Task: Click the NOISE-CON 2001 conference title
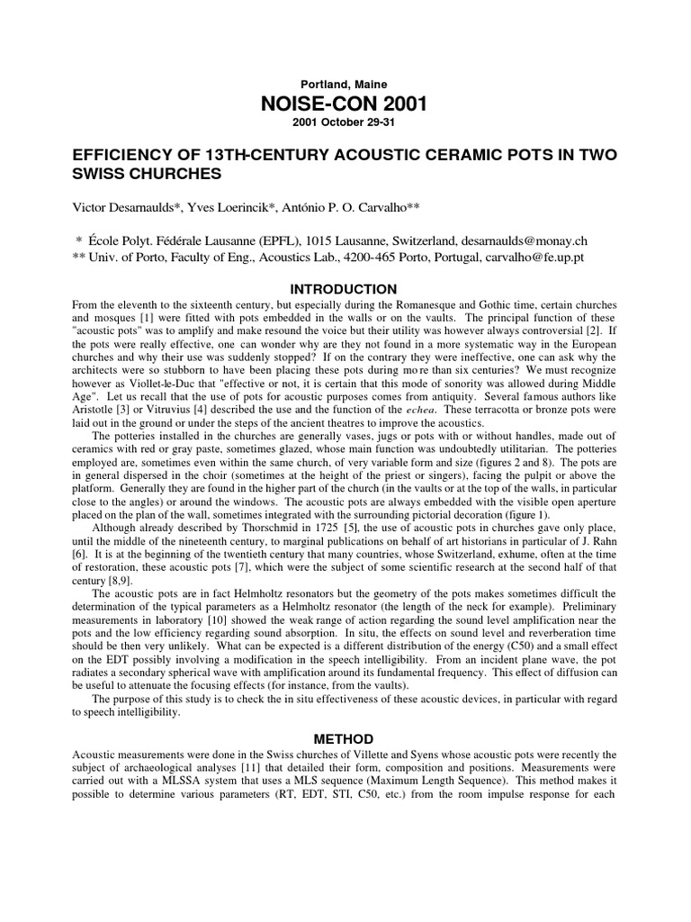(x=345, y=105)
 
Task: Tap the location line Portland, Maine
(x=345, y=85)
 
